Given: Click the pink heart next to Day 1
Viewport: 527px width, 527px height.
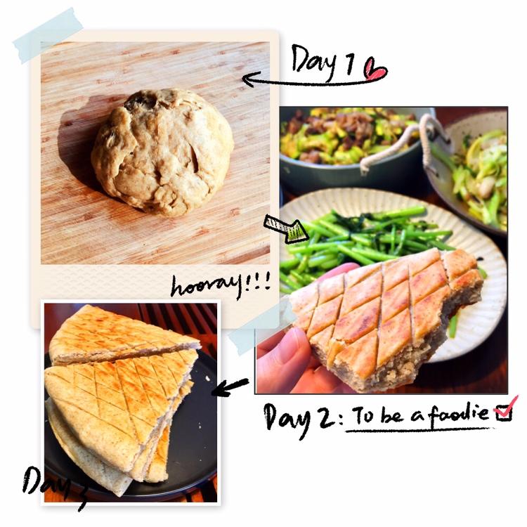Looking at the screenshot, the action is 375,70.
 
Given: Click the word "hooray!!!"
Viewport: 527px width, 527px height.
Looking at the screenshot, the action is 221,287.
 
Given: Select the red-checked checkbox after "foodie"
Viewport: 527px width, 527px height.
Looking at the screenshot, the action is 505,410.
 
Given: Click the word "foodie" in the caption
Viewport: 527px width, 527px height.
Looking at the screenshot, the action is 458,414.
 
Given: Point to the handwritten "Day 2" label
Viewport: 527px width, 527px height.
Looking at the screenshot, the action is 296,419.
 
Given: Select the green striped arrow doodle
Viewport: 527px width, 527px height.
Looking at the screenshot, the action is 287,229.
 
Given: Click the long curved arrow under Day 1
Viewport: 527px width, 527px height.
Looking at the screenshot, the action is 314,82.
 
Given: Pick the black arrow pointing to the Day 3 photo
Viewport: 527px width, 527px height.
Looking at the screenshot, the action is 230,387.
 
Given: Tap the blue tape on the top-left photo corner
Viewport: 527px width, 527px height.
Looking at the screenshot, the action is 48,35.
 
